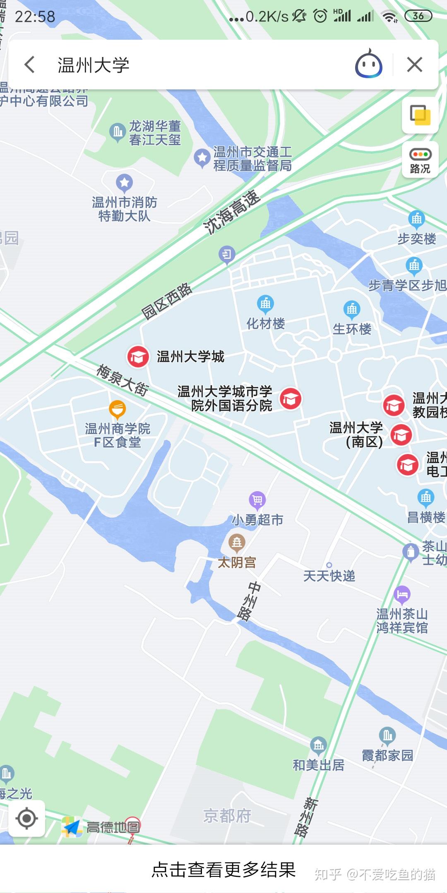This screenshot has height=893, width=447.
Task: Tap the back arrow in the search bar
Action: pos(29,65)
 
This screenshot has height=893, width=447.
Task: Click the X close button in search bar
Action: pos(414,65)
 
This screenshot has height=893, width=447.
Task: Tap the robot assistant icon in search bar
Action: pos(368,64)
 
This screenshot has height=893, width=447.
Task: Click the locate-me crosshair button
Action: pos(27,818)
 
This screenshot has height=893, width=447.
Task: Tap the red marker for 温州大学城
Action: pos(138,356)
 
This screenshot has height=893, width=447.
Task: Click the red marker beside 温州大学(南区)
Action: pos(401,435)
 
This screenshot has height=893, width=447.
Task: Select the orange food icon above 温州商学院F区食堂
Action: pos(118,409)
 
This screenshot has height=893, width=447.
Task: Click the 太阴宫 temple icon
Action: pos(237,542)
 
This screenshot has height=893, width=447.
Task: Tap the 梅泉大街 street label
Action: pos(122,380)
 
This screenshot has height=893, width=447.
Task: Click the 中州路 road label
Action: pos(249,602)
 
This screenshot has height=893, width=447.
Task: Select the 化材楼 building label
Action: pos(266,323)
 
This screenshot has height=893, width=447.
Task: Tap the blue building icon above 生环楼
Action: pos(352,309)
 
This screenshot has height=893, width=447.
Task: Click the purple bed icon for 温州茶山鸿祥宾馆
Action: pos(402,595)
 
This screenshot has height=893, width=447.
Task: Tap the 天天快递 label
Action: pos(329,576)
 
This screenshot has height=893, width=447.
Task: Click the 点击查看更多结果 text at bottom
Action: pos(223,869)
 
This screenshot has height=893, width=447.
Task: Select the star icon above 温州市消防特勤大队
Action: pos(124,182)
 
